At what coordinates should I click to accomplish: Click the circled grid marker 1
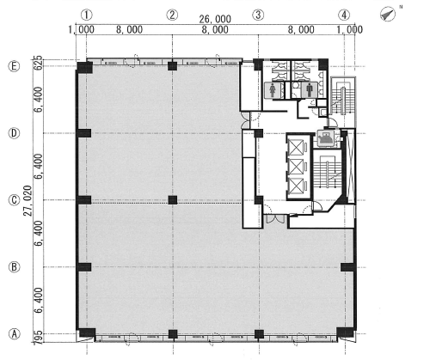(x=87, y=15)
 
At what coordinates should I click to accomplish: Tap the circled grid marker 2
(x=172, y=15)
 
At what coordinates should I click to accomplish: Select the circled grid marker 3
(x=258, y=15)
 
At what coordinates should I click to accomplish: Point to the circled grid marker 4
(x=344, y=15)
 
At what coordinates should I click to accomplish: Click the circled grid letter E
(x=14, y=66)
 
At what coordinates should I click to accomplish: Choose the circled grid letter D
(x=14, y=133)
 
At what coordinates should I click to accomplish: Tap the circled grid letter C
(x=14, y=200)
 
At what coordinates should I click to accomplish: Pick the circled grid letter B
(x=14, y=267)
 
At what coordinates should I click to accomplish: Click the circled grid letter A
(x=14, y=334)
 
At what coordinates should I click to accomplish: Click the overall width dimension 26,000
(x=215, y=19)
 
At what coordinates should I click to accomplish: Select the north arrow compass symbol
(x=388, y=14)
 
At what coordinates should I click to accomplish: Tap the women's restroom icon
(x=273, y=90)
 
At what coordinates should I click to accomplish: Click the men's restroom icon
(x=310, y=90)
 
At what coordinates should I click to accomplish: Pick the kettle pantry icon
(x=326, y=138)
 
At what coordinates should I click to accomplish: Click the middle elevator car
(x=296, y=167)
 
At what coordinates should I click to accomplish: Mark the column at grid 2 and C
(x=173, y=200)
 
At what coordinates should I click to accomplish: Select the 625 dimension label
(x=38, y=63)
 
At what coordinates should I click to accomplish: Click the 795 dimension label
(x=39, y=338)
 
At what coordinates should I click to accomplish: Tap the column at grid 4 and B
(x=347, y=267)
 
